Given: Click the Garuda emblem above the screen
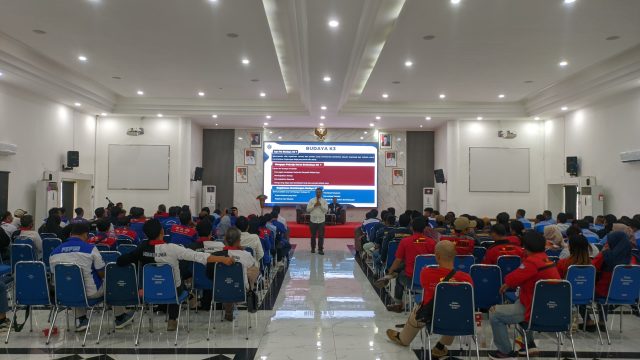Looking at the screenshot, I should pos(320,132).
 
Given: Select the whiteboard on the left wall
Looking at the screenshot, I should pos(138,167).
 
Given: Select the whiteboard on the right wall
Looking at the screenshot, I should pos(499,169).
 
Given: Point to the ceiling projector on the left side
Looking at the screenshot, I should pos(135,131).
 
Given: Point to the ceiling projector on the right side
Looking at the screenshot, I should pos(507,133).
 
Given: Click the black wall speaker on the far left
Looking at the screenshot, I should pos(72,159).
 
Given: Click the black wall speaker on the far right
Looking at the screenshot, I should pos(572,164).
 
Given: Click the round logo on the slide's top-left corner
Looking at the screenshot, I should pos(270,146).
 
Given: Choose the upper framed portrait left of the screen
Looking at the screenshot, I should pos(255,140).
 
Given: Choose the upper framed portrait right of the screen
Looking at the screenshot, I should pos(385,141).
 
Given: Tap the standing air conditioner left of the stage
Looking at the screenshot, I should pos(209,197).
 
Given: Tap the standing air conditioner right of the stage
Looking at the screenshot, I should pos(428,198).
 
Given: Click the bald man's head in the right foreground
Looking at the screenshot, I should pos(445,253).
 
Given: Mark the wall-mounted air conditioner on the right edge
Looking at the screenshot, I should pos(630,156).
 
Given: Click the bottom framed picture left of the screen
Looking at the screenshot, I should pos(241,174).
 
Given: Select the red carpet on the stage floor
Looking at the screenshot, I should pos(320,231).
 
